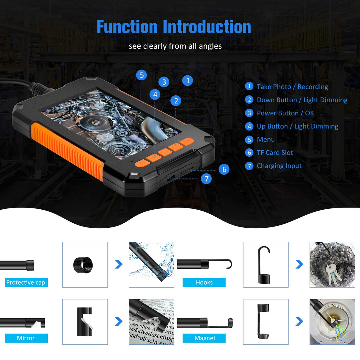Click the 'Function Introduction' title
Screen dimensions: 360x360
[x=174, y=27]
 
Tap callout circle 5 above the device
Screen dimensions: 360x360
[x=141, y=75]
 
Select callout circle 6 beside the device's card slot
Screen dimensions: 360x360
[x=224, y=169]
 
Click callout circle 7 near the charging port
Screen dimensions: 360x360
[x=206, y=179]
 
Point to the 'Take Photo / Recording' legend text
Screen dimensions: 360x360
[x=292, y=87]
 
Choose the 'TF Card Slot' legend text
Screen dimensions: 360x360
[x=275, y=153]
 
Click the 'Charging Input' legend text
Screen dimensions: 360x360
[x=279, y=166]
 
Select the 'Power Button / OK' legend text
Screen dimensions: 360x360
[x=285, y=113]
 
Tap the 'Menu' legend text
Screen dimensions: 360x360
[x=265, y=139]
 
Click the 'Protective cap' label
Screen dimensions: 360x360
[x=26, y=282]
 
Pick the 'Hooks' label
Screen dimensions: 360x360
[x=204, y=282]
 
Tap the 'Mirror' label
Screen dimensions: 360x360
[x=26, y=338]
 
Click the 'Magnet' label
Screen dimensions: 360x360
[x=205, y=338]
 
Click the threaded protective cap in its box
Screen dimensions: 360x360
[x=83, y=265]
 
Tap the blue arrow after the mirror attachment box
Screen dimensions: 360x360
[x=119, y=321]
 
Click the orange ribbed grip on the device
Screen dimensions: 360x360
[x=67, y=150]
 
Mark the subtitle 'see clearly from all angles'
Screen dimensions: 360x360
[x=175, y=46]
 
